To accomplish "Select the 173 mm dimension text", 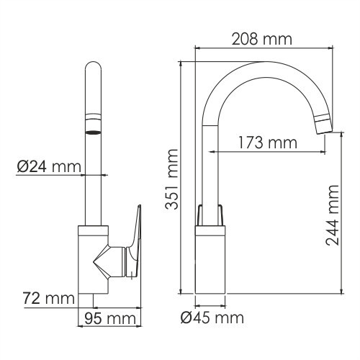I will pyautogui.click(x=267, y=143).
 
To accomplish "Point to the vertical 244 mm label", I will pyautogui.click(x=333, y=215).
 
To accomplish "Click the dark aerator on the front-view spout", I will pyautogui.click(x=93, y=132).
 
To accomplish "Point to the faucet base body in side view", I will pyautogui.click(x=211, y=263).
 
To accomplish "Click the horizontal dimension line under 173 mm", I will pyautogui.click(x=267, y=153).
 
